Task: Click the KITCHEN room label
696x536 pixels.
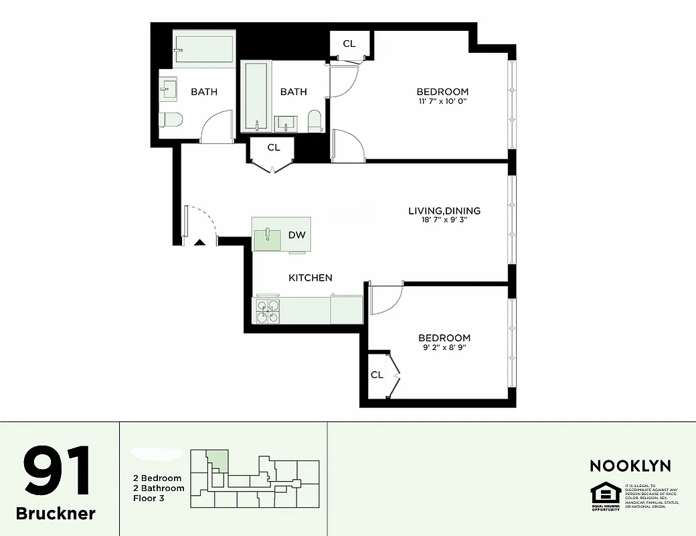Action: [310, 277]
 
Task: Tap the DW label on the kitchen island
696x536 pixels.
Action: [296, 234]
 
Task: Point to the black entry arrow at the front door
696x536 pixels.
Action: [199, 243]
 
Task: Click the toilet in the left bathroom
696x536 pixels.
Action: [171, 121]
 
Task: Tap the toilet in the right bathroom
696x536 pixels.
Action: [315, 121]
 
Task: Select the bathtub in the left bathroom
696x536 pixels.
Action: [203, 49]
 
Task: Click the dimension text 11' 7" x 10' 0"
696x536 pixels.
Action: [442, 101]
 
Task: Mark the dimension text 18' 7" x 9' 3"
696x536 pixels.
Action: [444, 220]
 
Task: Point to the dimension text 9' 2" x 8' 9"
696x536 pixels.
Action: [444, 348]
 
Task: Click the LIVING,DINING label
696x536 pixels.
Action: [444, 210]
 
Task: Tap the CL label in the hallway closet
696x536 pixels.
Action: [273, 147]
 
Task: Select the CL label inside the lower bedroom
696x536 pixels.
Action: [377, 375]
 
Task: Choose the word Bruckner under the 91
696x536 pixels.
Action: [56, 514]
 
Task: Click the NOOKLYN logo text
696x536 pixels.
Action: [630, 466]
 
